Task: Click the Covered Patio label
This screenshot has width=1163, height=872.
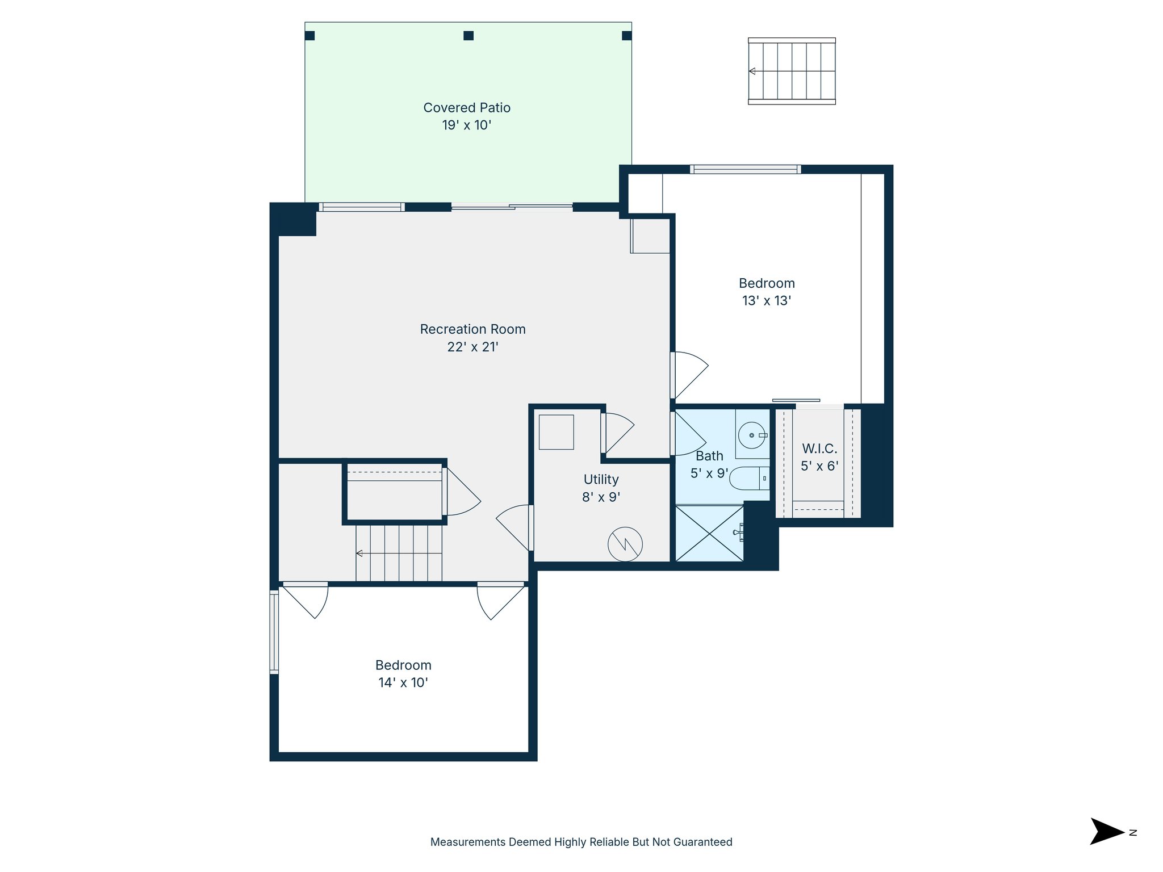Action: [467, 108]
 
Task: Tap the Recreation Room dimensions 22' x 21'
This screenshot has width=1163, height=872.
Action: [472, 347]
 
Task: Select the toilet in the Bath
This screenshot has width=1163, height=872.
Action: [748, 479]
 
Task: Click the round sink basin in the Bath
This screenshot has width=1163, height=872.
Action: [752, 435]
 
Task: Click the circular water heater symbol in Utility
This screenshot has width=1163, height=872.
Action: [625, 544]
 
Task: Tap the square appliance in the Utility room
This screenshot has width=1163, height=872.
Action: [556, 432]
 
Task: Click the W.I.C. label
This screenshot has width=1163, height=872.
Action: [819, 448]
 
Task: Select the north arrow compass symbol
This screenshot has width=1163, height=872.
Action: [1107, 832]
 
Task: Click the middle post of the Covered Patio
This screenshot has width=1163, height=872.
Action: [468, 36]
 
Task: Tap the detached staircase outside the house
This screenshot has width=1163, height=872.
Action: [792, 71]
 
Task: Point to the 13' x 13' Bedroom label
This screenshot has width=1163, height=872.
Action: [767, 283]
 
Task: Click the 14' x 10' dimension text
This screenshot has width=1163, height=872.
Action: [403, 683]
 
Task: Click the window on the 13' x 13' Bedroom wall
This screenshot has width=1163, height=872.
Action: [745, 169]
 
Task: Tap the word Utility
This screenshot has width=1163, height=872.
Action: [601, 480]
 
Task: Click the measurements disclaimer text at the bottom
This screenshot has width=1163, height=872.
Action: [581, 842]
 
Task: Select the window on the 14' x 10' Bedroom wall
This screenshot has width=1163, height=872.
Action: [274, 632]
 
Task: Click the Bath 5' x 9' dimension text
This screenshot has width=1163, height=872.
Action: [709, 473]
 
